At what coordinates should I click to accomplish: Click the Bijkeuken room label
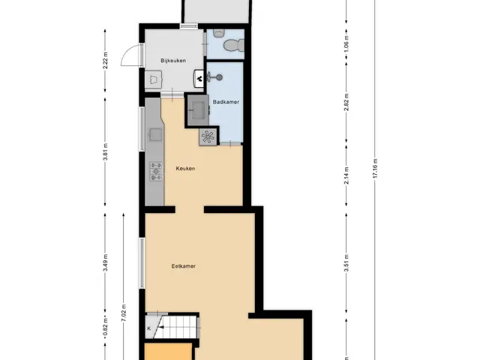click(173, 61)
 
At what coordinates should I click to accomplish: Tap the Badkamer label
click(226, 102)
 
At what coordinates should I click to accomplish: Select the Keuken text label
click(185, 168)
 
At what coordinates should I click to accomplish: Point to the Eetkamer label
click(183, 266)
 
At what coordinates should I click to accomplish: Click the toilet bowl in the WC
click(233, 46)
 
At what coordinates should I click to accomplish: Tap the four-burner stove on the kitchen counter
click(156, 172)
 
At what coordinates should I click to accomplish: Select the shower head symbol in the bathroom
click(214, 77)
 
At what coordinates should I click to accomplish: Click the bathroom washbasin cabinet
click(198, 110)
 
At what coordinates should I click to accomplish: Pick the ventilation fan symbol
click(208, 136)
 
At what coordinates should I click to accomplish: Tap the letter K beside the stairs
click(149, 328)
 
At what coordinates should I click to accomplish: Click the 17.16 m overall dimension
click(376, 168)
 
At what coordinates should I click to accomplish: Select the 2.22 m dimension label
click(105, 61)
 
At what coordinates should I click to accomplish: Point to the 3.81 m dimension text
click(105, 151)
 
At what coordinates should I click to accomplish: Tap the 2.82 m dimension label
click(346, 101)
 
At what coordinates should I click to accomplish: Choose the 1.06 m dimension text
click(346, 44)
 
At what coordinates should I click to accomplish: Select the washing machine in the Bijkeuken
click(153, 79)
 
